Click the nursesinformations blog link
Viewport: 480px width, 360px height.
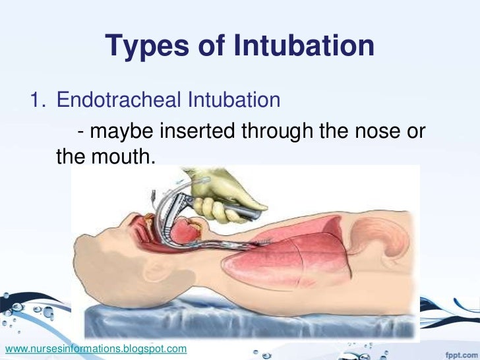click(x=96, y=347)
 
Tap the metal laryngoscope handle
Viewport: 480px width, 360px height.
click(x=247, y=212)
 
